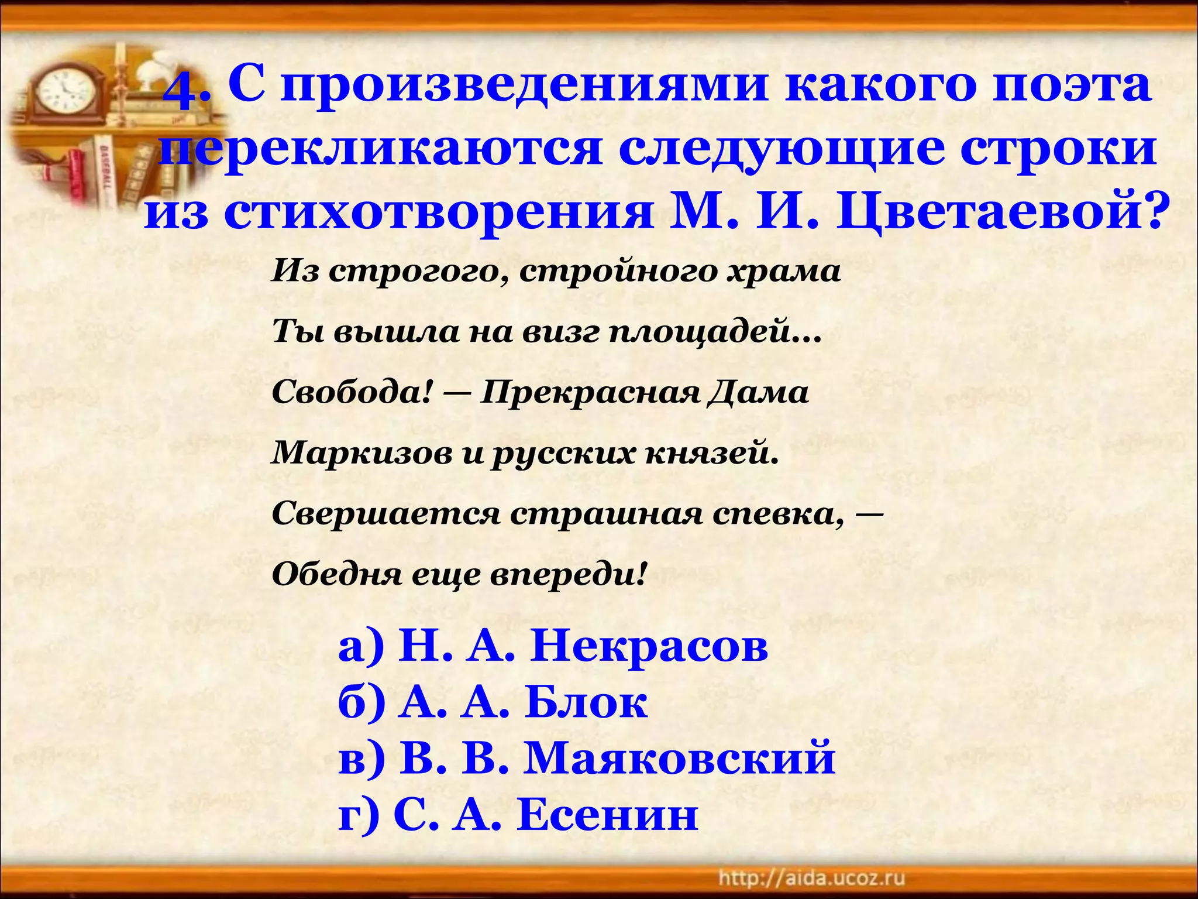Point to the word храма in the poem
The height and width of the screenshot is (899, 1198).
pyautogui.click(x=784, y=272)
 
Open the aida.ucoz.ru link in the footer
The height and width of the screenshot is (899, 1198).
pyautogui.click(x=811, y=878)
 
